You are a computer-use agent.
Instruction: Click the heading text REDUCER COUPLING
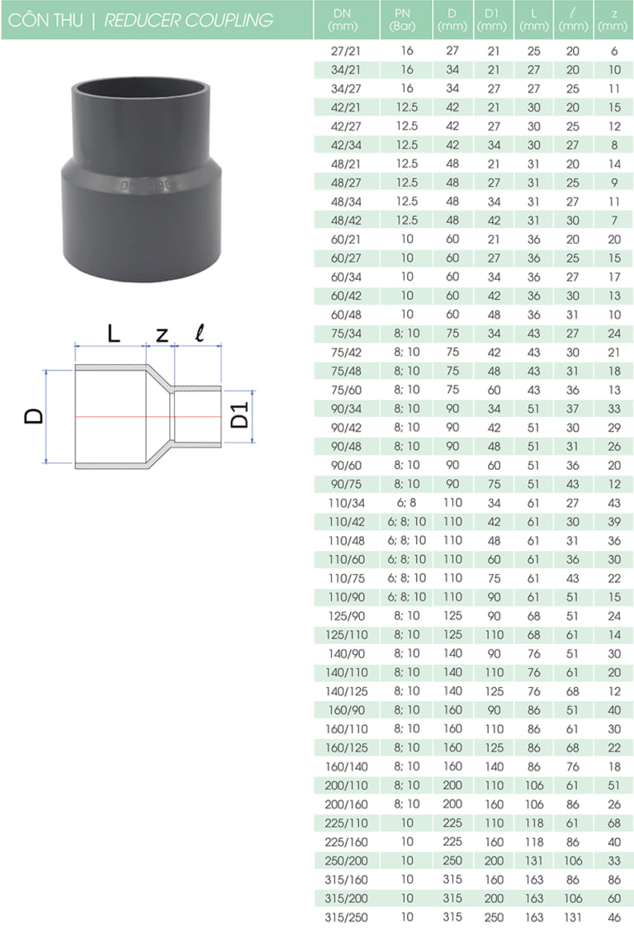[188, 20]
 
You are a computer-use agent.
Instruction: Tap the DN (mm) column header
[342, 20]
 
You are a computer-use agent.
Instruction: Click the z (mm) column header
[613, 20]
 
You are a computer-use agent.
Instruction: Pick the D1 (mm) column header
[492, 20]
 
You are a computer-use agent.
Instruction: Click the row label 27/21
[341, 51]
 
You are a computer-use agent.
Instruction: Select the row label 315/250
[341, 918]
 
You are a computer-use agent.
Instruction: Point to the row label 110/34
[341, 503]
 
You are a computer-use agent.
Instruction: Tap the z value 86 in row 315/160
[613, 880]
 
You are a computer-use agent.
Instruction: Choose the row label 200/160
[341, 804]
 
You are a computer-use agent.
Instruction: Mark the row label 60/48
[341, 315]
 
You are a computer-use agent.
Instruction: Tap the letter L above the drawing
[114, 334]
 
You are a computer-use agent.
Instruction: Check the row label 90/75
[341, 484]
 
